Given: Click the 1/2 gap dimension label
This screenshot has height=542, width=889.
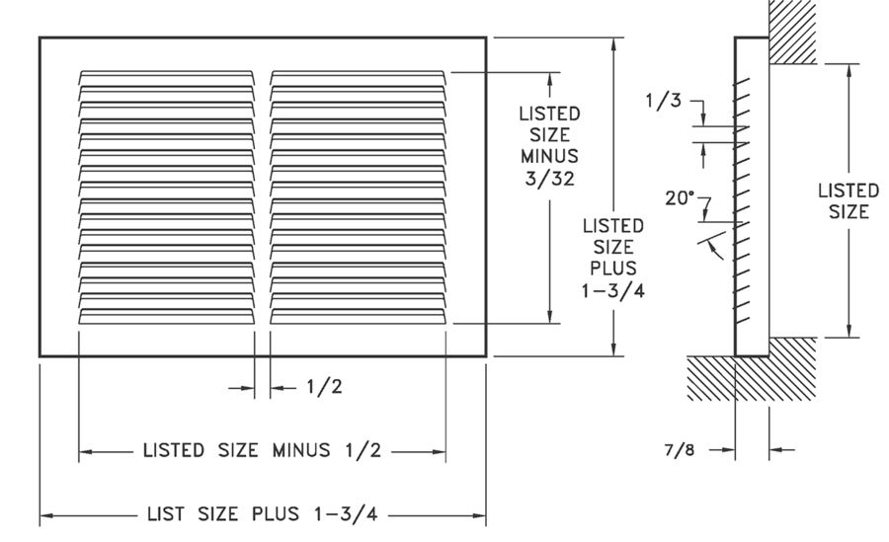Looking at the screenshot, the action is [x=324, y=387].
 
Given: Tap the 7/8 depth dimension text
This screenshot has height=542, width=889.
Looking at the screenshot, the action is [x=680, y=450].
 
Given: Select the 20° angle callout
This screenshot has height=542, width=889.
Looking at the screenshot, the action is [x=680, y=197].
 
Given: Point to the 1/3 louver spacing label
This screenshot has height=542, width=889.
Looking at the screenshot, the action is [x=663, y=101].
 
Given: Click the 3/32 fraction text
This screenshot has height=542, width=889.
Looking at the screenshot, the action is [x=549, y=179].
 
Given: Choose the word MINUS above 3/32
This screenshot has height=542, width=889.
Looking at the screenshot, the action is [x=549, y=156].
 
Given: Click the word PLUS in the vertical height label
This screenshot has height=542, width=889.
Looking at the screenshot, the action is [x=613, y=268].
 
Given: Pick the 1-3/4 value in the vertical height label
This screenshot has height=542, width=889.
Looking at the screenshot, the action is [x=613, y=291].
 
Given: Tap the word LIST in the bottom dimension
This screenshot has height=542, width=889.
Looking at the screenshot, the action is [x=166, y=514].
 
